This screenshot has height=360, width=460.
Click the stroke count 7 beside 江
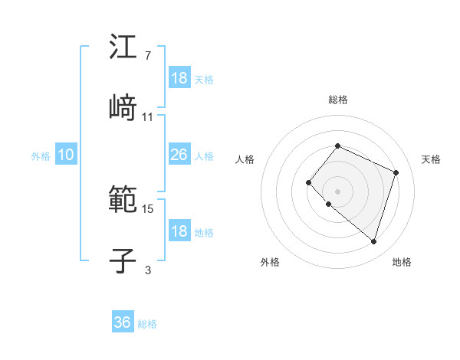point(147,56)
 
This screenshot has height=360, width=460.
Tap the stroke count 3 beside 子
point(147,270)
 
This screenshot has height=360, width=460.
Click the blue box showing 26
point(179,155)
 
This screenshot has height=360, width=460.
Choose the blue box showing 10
point(66,155)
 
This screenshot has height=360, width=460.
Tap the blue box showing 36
point(123,322)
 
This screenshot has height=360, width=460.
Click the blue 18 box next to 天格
point(179,78)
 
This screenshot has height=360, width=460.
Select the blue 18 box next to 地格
point(179,231)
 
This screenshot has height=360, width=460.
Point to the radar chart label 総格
point(338,100)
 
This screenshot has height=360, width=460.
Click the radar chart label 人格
point(245,159)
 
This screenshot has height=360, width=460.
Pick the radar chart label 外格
point(270,262)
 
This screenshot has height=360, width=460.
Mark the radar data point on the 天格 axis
point(396,172)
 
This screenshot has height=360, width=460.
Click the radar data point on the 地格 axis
point(373,241)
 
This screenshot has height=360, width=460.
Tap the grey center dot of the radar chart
point(337,191)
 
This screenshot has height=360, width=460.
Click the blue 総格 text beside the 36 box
point(147,324)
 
